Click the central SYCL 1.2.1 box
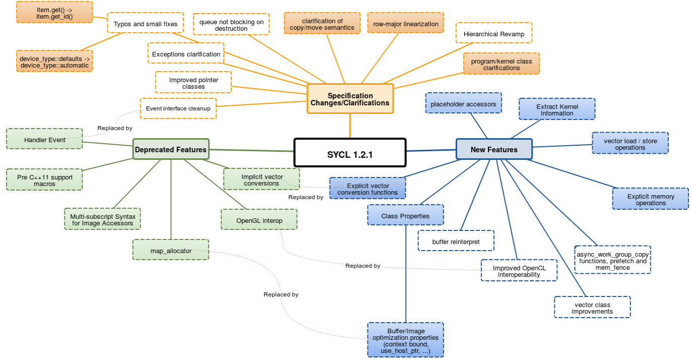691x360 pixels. click(x=350, y=152)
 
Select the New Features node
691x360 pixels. click(x=493, y=149)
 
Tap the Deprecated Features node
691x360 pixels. click(x=170, y=149)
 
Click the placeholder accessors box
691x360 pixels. click(x=463, y=104)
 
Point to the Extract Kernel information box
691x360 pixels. click(x=557, y=109)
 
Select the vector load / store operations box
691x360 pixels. click(x=630, y=144)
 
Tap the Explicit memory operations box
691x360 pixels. click(x=650, y=199)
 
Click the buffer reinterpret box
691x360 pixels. click(x=456, y=242)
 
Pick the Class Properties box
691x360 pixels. click(x=405, y=216)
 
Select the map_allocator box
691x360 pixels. click(x=170, y=251)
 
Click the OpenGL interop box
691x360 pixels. click(x=259, y=220)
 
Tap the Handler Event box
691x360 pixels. click(x=44, y=140)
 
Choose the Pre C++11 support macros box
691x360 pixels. click(x=44, y=180)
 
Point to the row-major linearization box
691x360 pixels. click(x=405, y=24)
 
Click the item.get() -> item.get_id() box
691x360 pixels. click(x=54, y=13)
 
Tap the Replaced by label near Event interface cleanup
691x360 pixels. click(x=115, y=128)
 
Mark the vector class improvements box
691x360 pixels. click(x=592, y=308)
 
